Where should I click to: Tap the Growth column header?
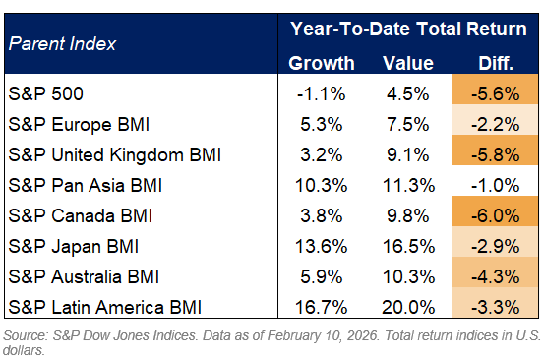coord(322,64)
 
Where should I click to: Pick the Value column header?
coord(407,64)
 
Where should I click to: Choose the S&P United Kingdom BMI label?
coord(114,154)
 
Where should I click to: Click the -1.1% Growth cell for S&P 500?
coord(322,94)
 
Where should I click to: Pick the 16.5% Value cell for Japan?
coord(407,245)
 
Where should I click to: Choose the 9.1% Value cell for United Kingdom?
coord(407,154)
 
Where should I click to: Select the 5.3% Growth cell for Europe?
coord(322,124)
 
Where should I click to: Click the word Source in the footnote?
coord(25,337)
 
